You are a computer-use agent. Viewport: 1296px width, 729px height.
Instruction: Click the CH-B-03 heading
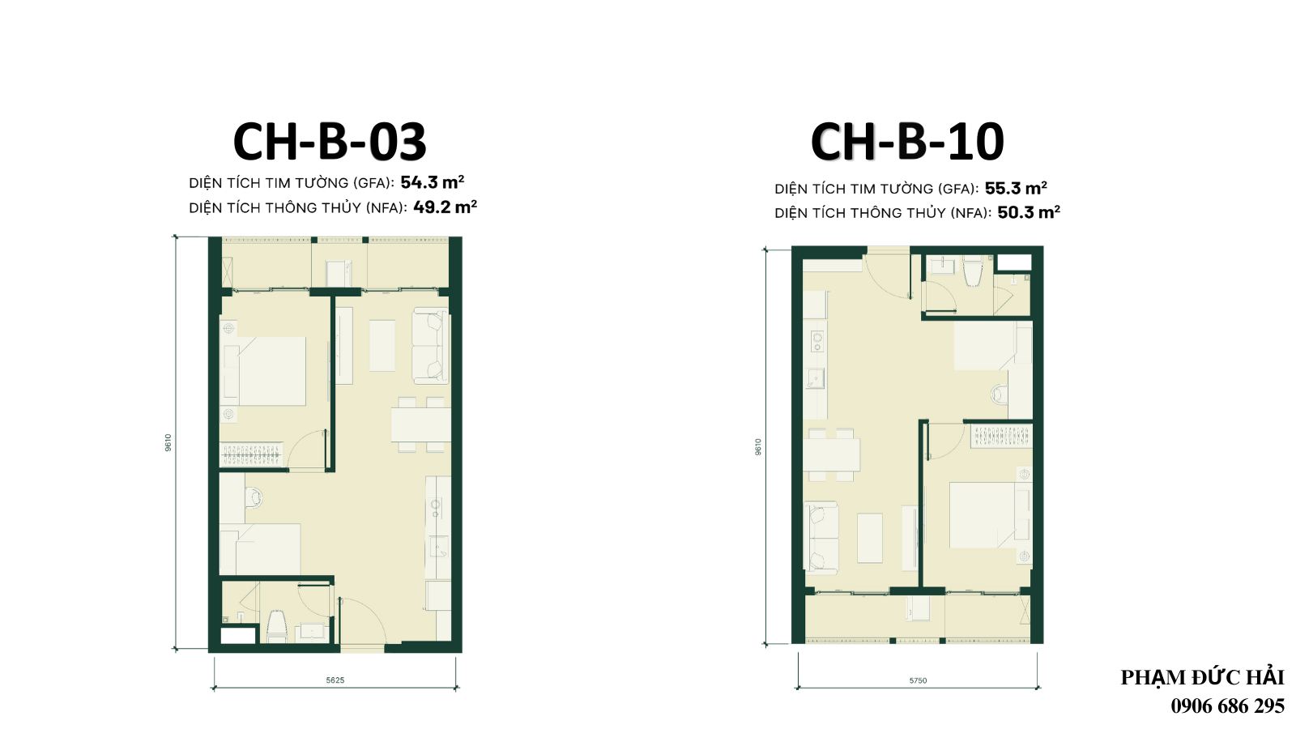(330, 142)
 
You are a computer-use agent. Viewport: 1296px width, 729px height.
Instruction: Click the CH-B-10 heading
(907, 142)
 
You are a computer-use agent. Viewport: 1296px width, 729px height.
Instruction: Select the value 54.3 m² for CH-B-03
(433, 182)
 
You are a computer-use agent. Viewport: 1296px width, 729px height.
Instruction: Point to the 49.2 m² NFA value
(445, 207)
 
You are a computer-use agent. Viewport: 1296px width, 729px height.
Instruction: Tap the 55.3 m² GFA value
(1016, 188)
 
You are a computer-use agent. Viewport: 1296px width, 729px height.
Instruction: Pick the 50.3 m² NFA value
(1029, 212)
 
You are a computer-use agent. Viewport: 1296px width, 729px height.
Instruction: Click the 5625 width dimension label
(335, 680)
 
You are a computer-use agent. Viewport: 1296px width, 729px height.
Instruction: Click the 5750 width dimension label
(918, 680)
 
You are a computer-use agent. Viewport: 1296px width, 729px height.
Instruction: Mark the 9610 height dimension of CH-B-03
(168, 442)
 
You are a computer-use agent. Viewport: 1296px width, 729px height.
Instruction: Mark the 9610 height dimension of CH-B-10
(758, 446)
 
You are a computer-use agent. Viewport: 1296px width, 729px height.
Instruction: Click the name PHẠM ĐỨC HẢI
(1202, 677)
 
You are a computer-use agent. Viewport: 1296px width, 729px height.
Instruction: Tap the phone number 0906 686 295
(1227, 706)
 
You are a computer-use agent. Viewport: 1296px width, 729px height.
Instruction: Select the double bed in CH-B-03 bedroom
(266, 371)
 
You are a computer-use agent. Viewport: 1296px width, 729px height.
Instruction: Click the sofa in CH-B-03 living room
(430, 346)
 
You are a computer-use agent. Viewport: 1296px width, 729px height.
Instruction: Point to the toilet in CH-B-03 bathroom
(277, 625)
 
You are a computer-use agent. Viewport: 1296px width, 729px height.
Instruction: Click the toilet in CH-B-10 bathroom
(973, 271)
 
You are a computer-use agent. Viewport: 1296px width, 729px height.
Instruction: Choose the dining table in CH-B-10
(831, 454)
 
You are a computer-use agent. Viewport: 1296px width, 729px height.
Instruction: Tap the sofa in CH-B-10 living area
(821, 538)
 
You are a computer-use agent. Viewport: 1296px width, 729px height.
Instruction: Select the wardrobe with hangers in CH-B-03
(252, 454)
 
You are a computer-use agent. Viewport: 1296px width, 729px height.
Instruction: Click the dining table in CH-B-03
(421, 425)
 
